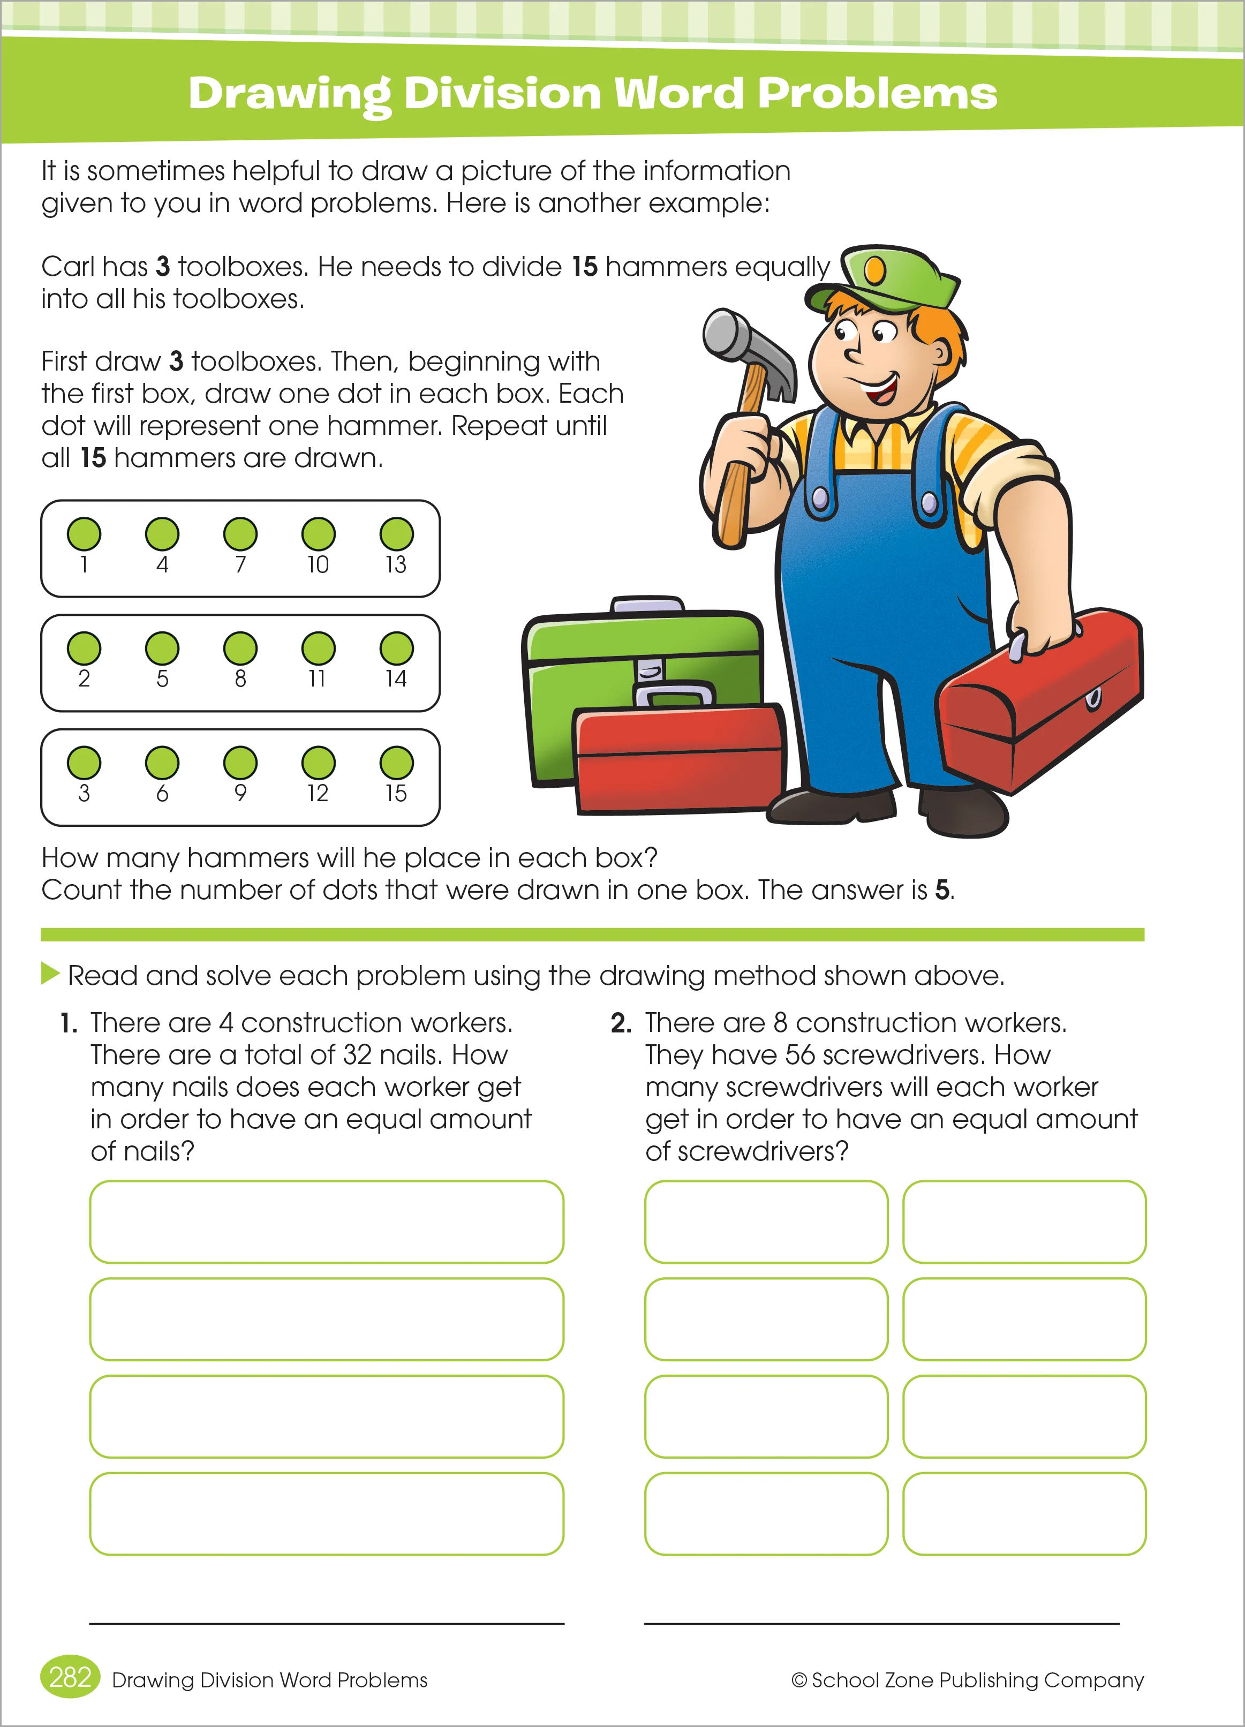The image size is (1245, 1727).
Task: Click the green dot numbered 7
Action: click(240, 534)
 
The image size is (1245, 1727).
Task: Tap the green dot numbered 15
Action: click(396, 763)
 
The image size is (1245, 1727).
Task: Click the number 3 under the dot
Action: click(84, 794)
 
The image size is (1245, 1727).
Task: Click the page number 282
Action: click(70, 1678)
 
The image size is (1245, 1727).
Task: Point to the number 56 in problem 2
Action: click(801, 1055)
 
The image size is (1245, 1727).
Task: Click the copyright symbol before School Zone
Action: click(799, 1680)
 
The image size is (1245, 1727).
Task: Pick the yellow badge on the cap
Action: click(875, 269)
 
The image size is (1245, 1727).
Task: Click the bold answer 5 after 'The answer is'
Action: click(942, 890)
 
